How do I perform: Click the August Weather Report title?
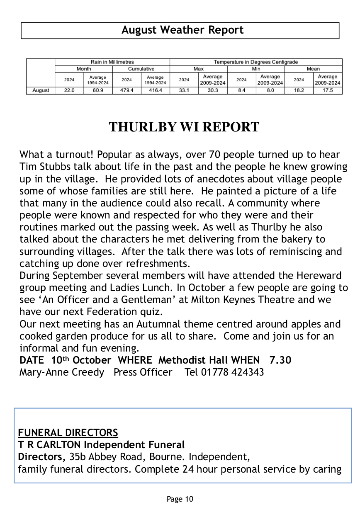click(x=182, y=30)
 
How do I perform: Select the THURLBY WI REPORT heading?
click(x=184, y=127)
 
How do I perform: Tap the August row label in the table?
click(x=41, y=90)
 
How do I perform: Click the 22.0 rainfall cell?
click(x=69, y=90)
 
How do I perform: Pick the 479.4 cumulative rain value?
click(x=126, y=90)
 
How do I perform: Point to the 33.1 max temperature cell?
click(x=184, y=90)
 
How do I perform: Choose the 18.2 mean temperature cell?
click(x=299, y=90)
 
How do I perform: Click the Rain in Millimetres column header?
click(x=112, y=62)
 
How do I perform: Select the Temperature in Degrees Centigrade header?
click(x=255, y=62)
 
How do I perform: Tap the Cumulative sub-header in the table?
click(x=141, y=69)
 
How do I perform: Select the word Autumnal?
click(x=130, y=324)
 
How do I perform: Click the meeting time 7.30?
click(x=280, y=360)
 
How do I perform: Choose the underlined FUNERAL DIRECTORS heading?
click(x=68, y=433)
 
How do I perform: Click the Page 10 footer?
click(x=180, y=499)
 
